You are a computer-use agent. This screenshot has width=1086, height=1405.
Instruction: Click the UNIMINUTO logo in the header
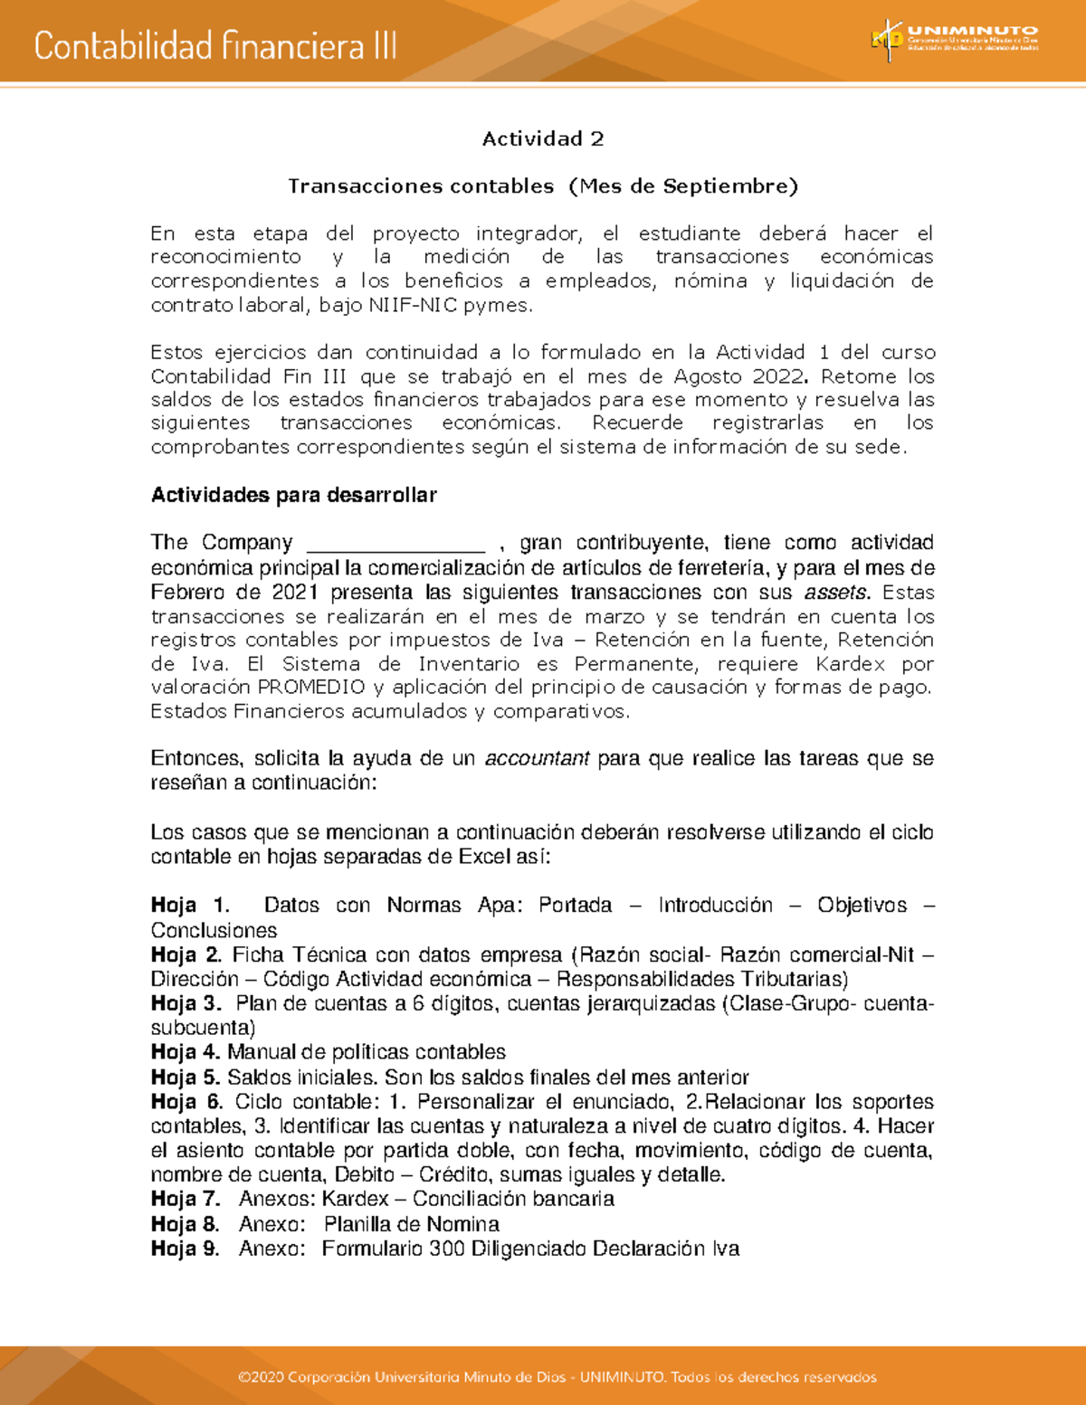pos(955,40)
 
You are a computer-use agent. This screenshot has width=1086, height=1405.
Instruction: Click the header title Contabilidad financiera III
pos(215,45)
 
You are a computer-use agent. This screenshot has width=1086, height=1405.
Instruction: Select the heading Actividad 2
pos(542,138)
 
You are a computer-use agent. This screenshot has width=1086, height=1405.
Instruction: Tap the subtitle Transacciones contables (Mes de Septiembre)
pos(542,186)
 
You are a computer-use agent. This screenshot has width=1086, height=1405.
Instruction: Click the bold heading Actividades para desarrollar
pos(293,495)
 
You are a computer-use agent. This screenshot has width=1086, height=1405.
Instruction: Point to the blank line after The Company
pos(396,545)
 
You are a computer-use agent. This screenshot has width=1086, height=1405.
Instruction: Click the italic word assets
pos(836,593)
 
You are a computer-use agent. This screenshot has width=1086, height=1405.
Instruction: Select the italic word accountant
pos(537,758)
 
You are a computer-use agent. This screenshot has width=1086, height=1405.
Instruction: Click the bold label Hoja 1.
pos(189,906)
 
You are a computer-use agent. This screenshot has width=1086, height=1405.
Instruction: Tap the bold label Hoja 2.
pos(186,954)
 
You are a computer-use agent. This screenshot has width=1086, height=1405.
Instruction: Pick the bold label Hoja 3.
pos(186,1003)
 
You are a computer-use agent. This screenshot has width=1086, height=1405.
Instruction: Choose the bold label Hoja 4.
pos(186,1052)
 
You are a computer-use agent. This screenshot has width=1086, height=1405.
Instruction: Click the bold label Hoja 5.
pos(186,1077)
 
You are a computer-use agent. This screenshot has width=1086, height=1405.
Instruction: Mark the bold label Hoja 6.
pos(186,1102)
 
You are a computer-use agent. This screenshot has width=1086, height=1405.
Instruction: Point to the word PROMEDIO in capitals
pos(311,687)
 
